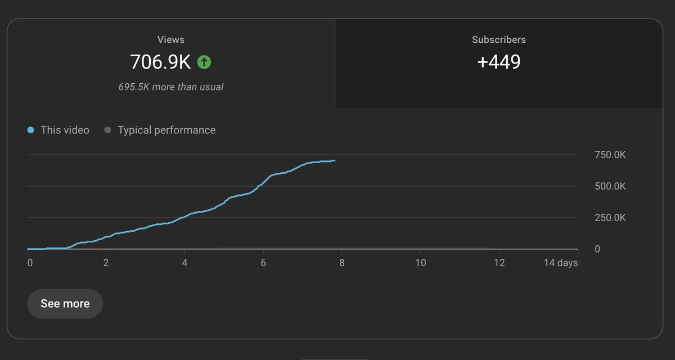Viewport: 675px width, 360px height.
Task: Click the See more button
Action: pyautogui.click(x=65, y=304)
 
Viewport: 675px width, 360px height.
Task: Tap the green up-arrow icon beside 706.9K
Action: pyautogui.click(x=204, y=62)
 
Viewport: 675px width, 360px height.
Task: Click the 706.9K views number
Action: pyautogui.click(x=160, y=62)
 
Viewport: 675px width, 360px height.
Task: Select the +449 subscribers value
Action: pyautogui.click(x=498, y=62)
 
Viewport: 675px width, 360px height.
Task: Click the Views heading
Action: pyautogui.click(x=170, y=40)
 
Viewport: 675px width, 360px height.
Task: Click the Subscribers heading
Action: pyautogui.click(x=498, y=40)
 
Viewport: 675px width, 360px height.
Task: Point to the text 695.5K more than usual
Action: pyautogui.click(x=170, y=87)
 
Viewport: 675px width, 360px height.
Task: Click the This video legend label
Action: pyautogui.click(x=65, y=130)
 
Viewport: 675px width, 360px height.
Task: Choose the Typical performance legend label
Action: pyautogui.click(x=166, y=130)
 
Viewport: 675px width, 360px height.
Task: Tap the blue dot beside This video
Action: pyautogui.click(x=31, y=130)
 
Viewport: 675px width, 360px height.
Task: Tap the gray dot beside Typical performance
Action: pyautogui.click(x=107, y=130)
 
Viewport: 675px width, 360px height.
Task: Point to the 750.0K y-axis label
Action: pyautogui.click(x=610, y=155)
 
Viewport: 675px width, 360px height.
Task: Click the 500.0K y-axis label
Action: pyautogui.click(x=610, y=186)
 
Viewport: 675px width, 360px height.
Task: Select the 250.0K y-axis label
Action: pyautogui.click(x=610, y=218)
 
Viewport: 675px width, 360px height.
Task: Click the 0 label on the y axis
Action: pyautogui.click(x=597, y=249)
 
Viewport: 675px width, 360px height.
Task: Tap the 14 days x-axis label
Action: pyautogui.click(x=560, y=263)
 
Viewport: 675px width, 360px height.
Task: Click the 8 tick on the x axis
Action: pyautogui.click(x=341, y=263)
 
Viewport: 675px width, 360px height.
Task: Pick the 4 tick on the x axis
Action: pyautogui.click(x=184, y=263)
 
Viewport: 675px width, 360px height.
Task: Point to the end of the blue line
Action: pyautogui.click(x=335, y=161)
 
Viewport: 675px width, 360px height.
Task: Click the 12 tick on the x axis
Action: pyautogui.click(x=498, y=263)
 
